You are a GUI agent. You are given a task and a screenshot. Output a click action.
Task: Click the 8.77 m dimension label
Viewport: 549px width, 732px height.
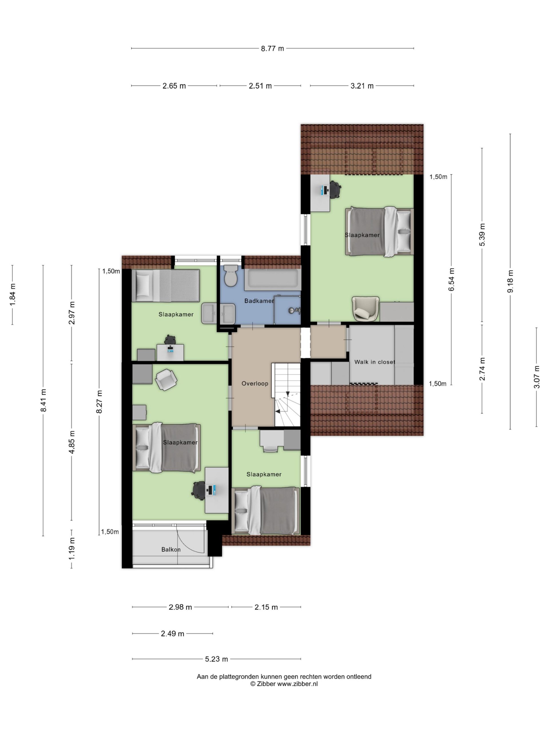(x=272, y=48)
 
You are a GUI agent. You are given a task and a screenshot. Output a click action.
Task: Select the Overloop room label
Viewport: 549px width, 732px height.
(x=254, y=383)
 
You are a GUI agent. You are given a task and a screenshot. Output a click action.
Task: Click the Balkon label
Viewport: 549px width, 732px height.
(x=171, y=549)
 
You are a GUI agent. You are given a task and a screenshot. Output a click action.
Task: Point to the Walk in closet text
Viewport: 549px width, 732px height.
(x=375, y=362)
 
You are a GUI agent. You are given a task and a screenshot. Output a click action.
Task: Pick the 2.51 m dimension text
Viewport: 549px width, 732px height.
(x=260, y=86)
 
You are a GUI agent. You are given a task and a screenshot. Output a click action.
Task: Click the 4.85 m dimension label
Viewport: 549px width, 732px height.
(x=72, y=442)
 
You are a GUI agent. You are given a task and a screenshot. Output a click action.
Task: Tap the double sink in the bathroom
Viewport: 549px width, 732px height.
(x=219, y=313)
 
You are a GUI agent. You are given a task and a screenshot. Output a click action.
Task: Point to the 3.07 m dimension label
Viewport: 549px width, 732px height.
(x=536, y=377)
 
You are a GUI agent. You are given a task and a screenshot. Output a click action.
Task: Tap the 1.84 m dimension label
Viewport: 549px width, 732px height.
(x=13, y=295)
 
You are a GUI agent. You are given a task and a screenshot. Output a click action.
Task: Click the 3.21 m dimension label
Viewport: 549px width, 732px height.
(x=362, y=86)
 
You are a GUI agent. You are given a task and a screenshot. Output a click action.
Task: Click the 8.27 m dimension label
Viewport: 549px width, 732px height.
(x=99, y=401)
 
